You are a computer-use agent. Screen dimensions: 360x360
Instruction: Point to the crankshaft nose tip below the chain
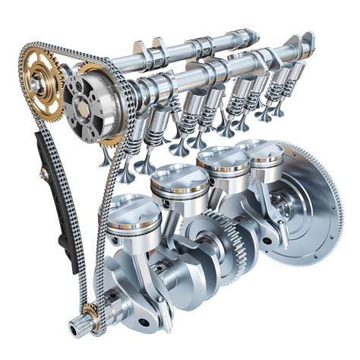76,329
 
